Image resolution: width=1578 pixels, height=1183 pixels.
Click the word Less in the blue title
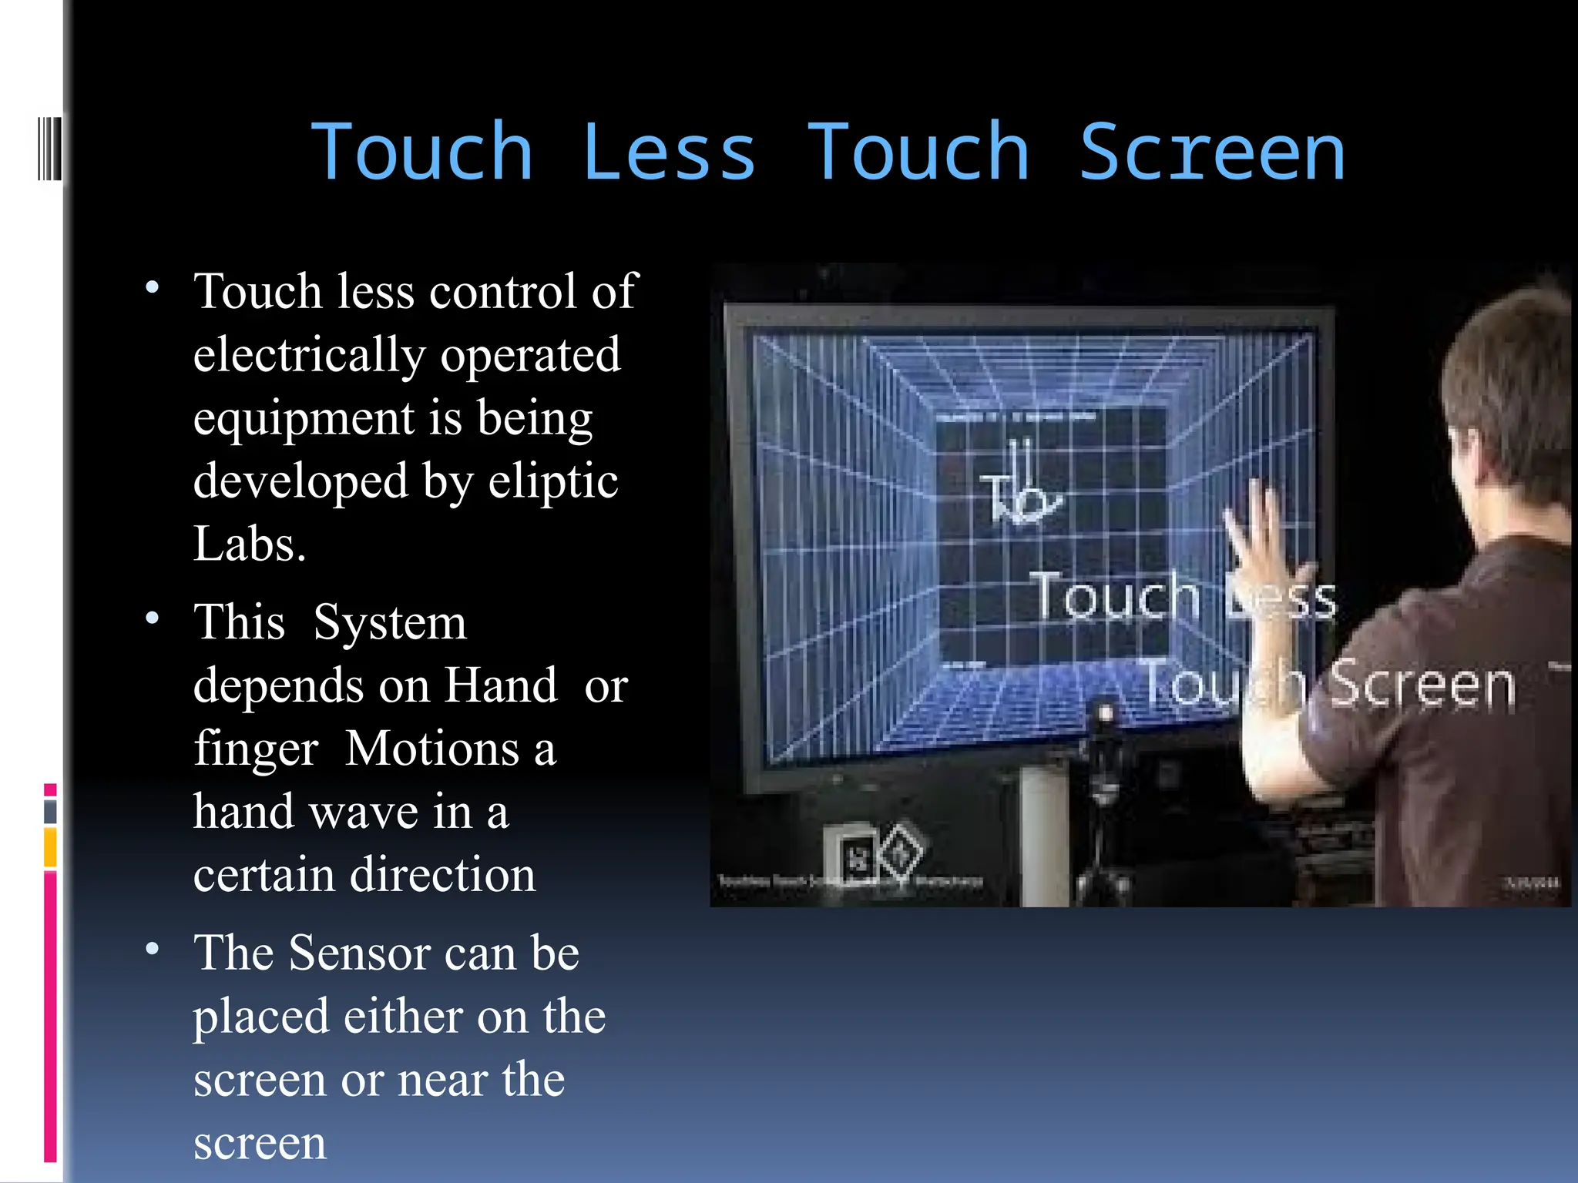668,153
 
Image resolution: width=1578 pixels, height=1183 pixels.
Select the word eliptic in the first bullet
553,481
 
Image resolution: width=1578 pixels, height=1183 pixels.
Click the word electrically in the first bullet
308,355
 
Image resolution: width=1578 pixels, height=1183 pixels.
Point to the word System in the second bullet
390,622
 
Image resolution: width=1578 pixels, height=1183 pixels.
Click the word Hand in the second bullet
501,685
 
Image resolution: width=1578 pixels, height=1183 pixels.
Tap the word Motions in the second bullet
431,749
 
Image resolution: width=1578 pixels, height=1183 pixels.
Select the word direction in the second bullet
443,875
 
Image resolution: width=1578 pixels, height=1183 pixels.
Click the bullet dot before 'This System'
153,618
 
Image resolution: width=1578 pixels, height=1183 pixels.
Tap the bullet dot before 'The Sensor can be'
153,949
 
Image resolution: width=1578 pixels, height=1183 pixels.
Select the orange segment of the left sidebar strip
50,847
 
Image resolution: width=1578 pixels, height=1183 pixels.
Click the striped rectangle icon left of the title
49,148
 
